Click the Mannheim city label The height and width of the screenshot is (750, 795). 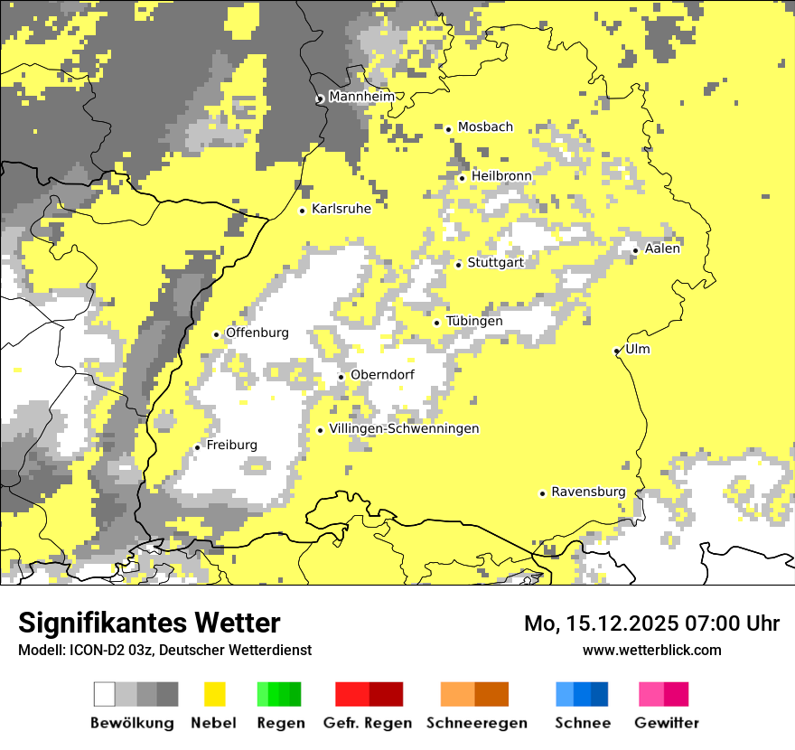362,97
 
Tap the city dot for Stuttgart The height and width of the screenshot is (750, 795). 459,265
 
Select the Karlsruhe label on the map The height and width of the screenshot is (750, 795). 341,209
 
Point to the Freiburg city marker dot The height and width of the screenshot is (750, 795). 198,447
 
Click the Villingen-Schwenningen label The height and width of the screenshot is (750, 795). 404,428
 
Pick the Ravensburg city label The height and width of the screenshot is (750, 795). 588,492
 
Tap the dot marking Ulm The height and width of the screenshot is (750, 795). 617,351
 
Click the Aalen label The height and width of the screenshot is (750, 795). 662,248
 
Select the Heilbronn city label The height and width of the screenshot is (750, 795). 501,175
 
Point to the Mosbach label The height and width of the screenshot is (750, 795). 485,127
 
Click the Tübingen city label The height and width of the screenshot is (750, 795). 474,321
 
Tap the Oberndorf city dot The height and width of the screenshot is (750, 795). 341,377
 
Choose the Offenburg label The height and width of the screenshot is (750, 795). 257,333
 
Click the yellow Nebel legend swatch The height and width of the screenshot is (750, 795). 214,694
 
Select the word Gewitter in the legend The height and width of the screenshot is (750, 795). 667,723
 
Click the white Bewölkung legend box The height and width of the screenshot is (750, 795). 105,694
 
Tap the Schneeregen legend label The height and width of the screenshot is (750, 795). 476,723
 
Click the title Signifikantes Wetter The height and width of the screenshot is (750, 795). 149,623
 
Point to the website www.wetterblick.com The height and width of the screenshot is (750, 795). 651,650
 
